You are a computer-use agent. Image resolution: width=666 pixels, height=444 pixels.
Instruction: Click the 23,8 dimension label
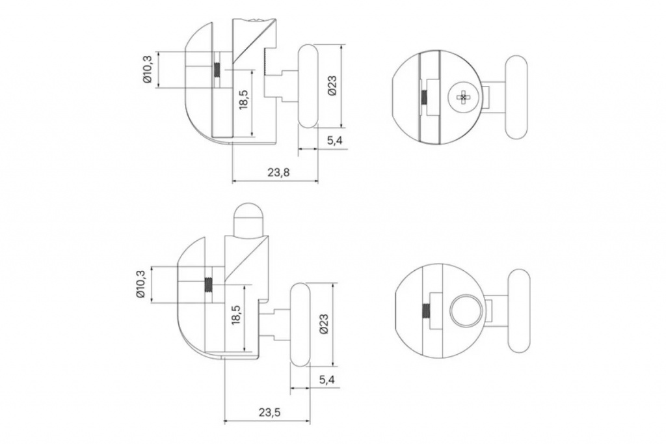point(278,173)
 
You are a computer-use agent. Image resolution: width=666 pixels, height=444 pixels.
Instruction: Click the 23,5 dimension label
point(269,412)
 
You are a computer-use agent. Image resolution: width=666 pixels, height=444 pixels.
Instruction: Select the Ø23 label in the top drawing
point(332,85)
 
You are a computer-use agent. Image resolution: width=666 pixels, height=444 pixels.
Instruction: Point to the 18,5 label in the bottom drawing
point(236,315)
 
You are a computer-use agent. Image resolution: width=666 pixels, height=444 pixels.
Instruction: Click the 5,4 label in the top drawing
point(335,141)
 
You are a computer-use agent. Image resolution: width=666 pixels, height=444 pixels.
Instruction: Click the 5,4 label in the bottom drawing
point(326,380)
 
